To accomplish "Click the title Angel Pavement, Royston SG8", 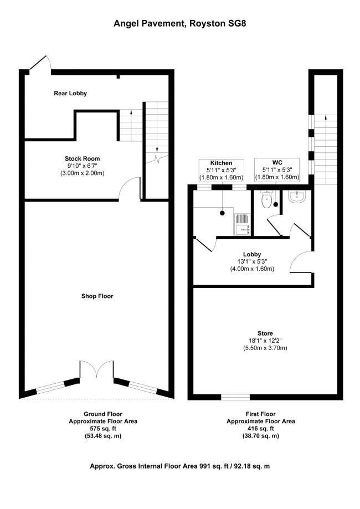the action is point(179,23).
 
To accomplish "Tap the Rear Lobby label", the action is point(70,94).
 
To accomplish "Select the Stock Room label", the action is point(82,159).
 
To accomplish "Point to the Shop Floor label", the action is point(97,296).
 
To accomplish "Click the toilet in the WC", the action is point(266,199).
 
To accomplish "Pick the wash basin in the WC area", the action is point(297,197).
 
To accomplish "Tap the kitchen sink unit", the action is point(242,224).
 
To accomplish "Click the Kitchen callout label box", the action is point(222,170).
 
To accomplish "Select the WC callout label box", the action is point(277,170).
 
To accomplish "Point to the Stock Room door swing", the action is point(130,188).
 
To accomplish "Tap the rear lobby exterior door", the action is point(40,63).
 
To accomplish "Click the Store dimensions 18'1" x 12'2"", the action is point(265,341).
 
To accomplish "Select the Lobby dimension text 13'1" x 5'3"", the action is point(252,261).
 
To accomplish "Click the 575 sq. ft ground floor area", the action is point(103,429).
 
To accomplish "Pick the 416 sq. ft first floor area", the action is point(261,429).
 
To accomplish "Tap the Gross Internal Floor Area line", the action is point(180,466).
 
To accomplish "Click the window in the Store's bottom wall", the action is point(235,397).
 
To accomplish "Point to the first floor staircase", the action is point(325,150).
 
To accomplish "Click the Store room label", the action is point(265,333).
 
